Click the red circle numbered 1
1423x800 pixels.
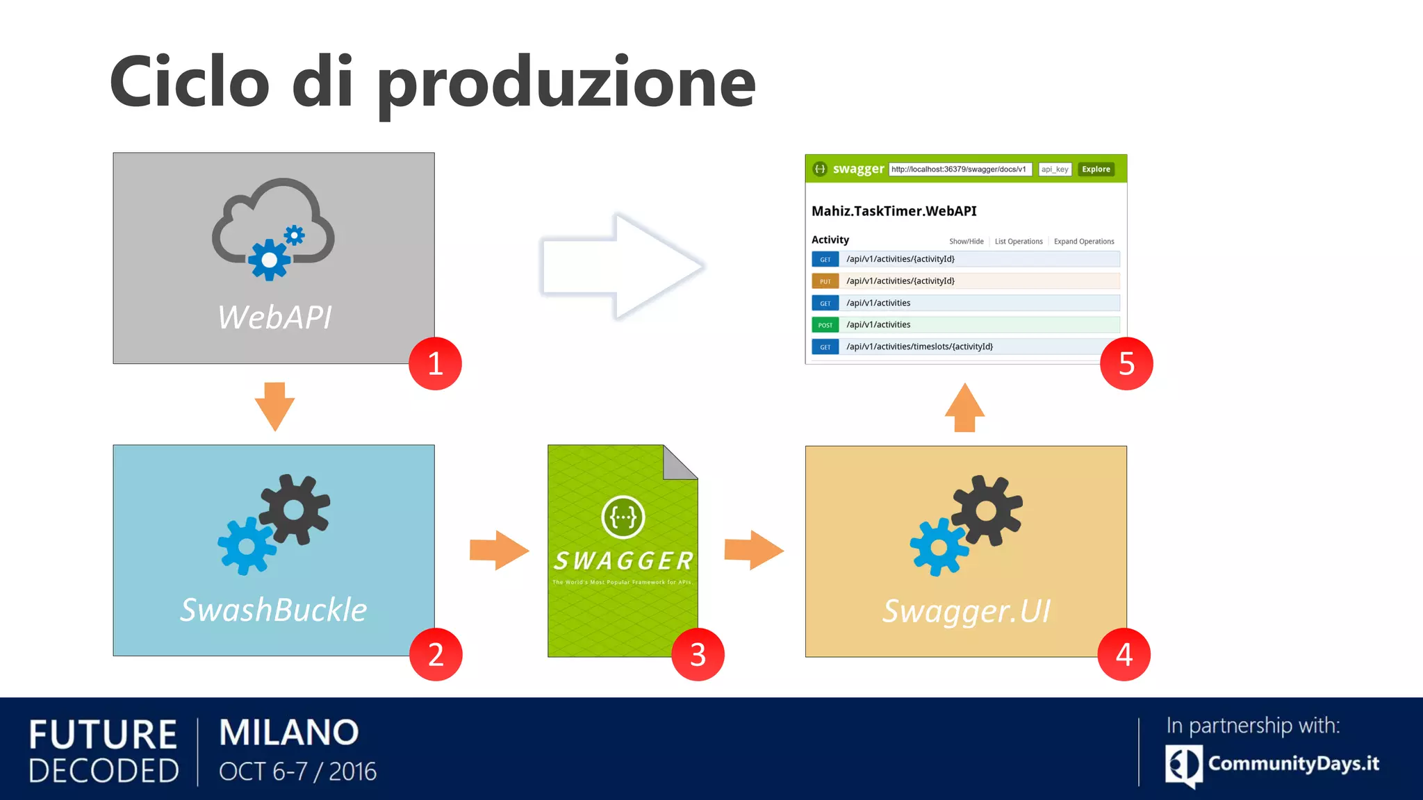[435, 364]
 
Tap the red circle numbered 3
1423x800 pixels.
[698, 655]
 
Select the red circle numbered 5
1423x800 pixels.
[1126, 364]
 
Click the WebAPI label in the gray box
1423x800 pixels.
[274, 317]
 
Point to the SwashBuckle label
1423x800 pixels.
[274, 610]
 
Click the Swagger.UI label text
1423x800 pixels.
[966, 611]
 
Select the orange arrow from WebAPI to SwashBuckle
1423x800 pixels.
[274, 406]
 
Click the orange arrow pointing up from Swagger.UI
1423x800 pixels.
[964, 408]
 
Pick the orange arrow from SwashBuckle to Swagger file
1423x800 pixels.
[498, 551]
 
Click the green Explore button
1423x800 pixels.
[1096, 169]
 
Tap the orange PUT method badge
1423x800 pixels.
[825, 281]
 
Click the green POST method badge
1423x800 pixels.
[825, 325]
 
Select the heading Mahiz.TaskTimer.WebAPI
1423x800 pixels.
[894, 211]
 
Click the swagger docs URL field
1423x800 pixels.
[960, 169]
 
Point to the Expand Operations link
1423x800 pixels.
[1083, 242]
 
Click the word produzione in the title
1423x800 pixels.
[566, 83]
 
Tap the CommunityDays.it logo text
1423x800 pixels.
[1293, 763]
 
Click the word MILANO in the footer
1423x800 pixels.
[289, 733]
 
